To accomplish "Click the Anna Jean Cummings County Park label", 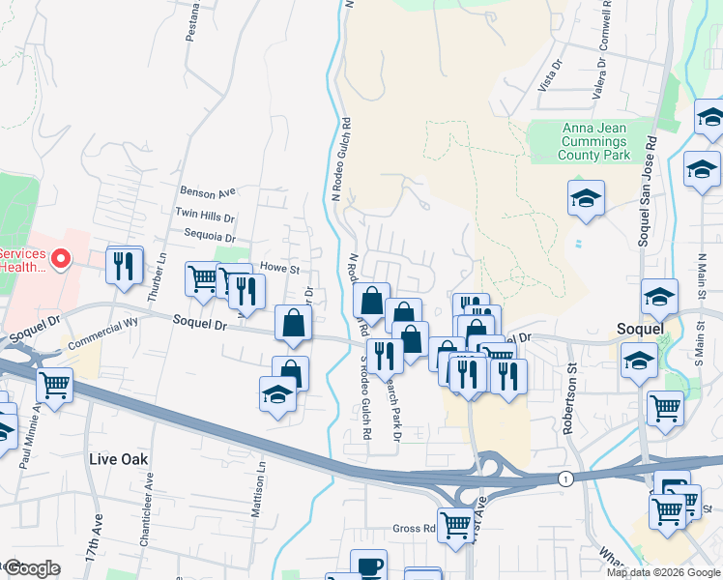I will click(595, 141).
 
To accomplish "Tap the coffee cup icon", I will click(367, 565).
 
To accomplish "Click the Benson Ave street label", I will click(208, 191).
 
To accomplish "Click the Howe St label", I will click(280, 267).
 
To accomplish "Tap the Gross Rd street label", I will click(414, 528).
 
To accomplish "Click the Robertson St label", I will click(571, 397).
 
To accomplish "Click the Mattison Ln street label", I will click(259, 488).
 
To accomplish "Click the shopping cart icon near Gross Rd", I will click(455, 525).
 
